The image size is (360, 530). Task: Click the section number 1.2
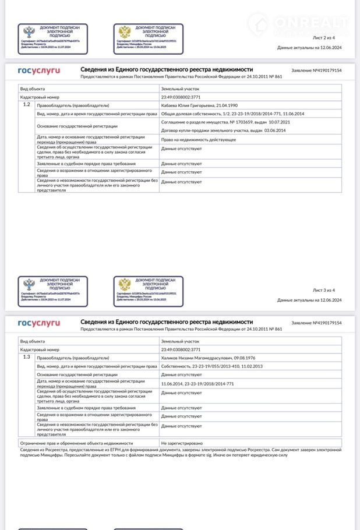click(x=26, y=104)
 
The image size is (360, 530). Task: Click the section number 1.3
click(x=26, y=356)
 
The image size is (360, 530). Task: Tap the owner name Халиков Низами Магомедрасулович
click(x=200, y=358)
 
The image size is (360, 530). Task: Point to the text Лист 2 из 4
click(x=324, y=37)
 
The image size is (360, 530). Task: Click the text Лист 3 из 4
click(x=324, y=290)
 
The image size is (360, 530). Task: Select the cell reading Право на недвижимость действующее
click(x=198, y=140)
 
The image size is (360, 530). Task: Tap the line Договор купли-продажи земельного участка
click(x=215, y=130)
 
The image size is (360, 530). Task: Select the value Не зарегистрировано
click(x=182, y=443)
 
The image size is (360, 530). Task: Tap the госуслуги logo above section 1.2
click(x=38, y=70)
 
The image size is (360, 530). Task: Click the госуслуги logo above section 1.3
click(x=38, y=323)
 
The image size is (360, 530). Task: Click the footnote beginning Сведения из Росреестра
click(x=181, y=452)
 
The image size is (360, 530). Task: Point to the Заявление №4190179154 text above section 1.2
click(x=316, y=70)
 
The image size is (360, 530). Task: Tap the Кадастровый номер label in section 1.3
click(x=40, y=349)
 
